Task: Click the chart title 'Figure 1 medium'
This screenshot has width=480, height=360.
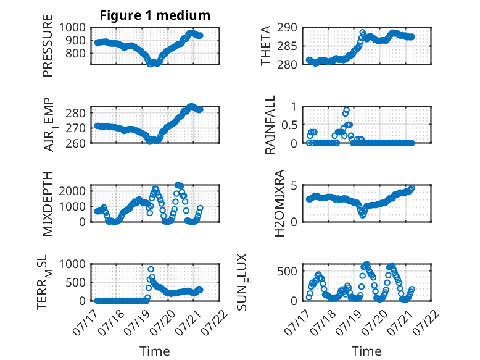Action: coord(155,15)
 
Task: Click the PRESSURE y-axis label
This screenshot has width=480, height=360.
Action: coord(48,46)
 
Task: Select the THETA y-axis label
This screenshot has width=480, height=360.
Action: coord(266,46)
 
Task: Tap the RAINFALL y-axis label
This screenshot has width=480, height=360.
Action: coord(270,125)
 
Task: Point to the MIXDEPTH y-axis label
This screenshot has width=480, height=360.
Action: coord(48,204)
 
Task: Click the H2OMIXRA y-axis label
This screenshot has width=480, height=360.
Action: coord(279,203)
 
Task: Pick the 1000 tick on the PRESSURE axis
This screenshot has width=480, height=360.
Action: coord(72,28)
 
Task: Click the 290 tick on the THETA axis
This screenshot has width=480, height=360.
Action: coord(287,28)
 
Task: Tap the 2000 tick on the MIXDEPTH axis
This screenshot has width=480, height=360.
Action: coord(72,191)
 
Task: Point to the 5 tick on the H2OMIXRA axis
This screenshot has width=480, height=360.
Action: coord(294,185)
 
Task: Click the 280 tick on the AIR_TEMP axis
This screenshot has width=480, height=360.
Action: coord(76,113)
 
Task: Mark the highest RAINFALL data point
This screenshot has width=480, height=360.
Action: coord(347,110)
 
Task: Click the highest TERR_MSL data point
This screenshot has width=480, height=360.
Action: coord(151,269)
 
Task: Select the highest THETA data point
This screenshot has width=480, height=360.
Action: coord(363,32)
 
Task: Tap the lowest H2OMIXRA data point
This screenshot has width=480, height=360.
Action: coord(363,215)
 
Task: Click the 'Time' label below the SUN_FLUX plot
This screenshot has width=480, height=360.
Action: coord(366,351)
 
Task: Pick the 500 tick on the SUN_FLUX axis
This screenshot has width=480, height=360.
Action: coord(287,271)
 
